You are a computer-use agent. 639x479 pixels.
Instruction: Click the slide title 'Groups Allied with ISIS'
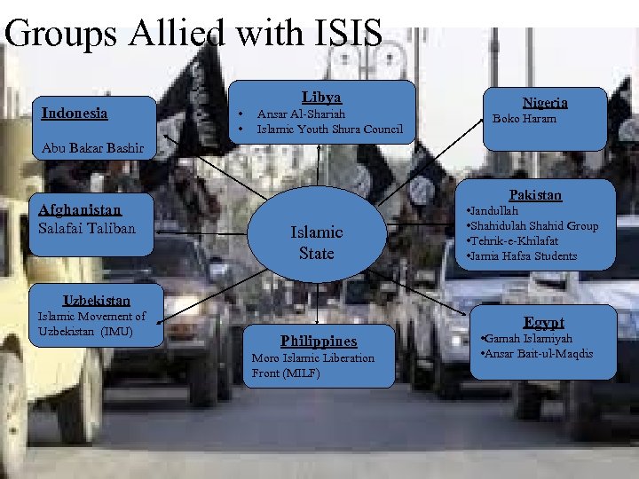click(x=193, y=33)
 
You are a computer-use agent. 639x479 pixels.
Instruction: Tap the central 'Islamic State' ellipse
click(x=317, y=242)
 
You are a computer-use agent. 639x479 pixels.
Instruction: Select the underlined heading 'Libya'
click(x=321, y=97)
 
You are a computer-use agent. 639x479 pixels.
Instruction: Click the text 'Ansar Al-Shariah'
click(x=300, y=114)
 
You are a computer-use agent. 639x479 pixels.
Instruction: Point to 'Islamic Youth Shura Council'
click(x=329, y=130)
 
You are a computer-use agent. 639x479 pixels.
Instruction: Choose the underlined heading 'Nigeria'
click(x=545, y=102)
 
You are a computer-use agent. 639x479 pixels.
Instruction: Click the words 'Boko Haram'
click(x=525, y=119)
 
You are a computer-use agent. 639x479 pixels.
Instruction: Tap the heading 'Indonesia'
click(x=75, y=113)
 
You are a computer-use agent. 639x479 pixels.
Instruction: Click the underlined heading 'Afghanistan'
click(x=80, y=209)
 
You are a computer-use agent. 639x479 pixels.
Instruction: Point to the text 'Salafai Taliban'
click(x=87, y=228)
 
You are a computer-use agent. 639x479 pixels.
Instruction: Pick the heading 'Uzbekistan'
click(x=96, y=300)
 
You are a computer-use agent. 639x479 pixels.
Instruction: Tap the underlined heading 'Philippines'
click(x=319, y=341)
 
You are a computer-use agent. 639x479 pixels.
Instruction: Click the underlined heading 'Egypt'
click(x=544, y=322)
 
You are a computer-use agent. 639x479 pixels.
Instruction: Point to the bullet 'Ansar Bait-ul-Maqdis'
click(x=537, y=355)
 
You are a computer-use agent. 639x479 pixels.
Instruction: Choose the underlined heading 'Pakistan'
click(x=535, y=194)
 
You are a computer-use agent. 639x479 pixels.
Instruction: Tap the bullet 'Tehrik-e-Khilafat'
click(x=513, y=240)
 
